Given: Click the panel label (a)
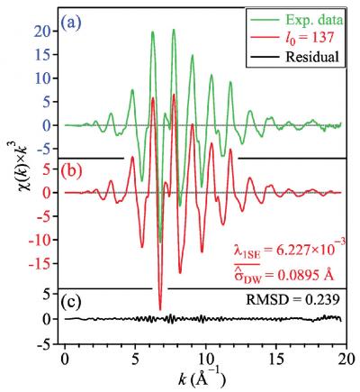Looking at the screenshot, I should pyautogui.click(x=75, y=16).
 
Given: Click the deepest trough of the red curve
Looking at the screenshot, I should pyautogui.click(x=161, y=309).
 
